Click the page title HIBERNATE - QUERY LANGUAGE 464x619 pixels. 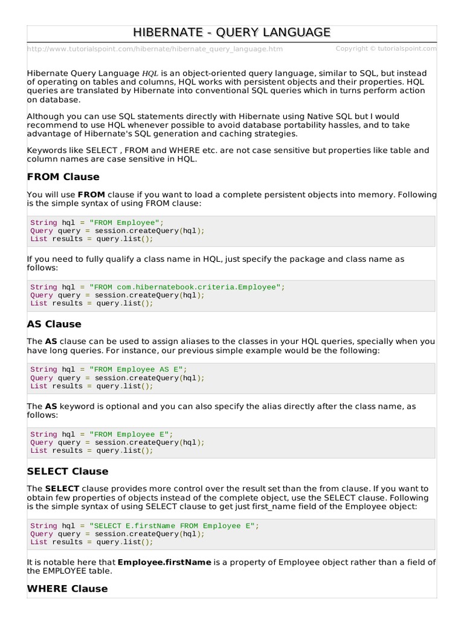point(231,32)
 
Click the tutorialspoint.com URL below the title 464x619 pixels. point(155,49)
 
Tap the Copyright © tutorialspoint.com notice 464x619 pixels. point(385,48)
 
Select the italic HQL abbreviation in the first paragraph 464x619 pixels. point(150,73)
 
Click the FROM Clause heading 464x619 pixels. point(63,177)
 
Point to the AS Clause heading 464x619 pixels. point(54,324)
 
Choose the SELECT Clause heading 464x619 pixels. point(68,472)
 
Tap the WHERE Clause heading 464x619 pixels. point(68,589)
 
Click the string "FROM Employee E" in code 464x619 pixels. point(131,434)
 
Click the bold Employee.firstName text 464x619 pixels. point(164,562)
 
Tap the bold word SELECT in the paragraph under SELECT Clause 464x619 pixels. point(62,488)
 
